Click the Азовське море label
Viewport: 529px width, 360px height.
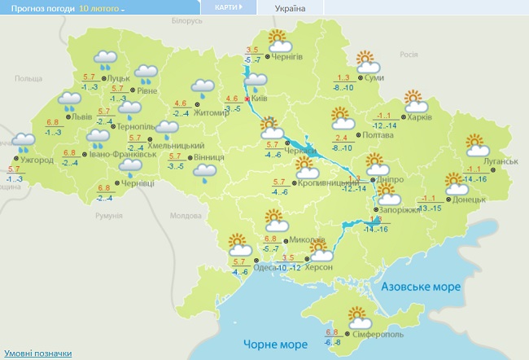point(423,287)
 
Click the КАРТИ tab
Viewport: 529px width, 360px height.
point(228,7)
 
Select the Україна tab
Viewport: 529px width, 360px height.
point(291,8)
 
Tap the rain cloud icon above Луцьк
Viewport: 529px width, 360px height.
point(104,59)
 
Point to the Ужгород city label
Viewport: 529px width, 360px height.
point(37,160)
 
